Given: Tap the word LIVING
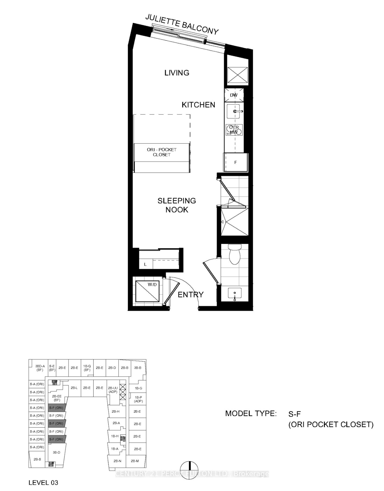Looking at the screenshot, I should pos(177,73).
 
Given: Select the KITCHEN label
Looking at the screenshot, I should pos(198,105).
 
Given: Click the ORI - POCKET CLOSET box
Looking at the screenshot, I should pos(162,152).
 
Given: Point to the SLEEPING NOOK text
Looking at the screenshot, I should pos(177,205).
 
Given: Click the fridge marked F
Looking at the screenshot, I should pos(236,162).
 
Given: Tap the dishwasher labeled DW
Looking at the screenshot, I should pos(234,95).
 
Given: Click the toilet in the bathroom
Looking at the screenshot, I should pos(234,254).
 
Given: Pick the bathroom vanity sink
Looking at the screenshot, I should pos(234,294).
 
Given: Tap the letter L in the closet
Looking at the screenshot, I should pos(145,264).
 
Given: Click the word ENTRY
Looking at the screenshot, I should pos(191,295).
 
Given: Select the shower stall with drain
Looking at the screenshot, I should pos(234,222).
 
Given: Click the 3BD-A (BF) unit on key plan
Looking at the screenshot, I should pos(40,368).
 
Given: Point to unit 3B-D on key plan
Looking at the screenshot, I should pos(57,452).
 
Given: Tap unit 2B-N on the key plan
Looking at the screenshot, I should pos(117,461).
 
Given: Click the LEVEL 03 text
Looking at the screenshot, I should pos(43,483).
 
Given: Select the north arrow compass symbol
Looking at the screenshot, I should pos(190,470).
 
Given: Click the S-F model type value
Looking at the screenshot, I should pos(295,414).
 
